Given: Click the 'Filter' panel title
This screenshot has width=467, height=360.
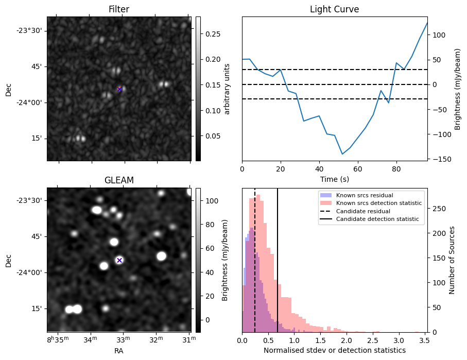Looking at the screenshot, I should tap(118, 9).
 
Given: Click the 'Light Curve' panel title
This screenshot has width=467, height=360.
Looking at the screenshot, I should tap(334, 9).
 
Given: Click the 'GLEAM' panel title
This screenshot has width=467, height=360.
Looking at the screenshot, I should tap(118, 180).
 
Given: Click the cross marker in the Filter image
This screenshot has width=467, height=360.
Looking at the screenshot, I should tap(119, 89).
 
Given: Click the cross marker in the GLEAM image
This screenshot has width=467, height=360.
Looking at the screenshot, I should tap(119, 260).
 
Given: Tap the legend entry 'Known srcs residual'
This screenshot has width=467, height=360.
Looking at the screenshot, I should tap(364, 196).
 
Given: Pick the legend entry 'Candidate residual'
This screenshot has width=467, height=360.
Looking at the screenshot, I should tap(363, 212).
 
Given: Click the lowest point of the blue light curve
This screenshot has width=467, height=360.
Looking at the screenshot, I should tap(342, 154).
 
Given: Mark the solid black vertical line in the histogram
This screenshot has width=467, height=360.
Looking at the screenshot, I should tap(278, 258).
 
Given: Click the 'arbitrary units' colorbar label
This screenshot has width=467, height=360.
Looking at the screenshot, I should tap(227, 88).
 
